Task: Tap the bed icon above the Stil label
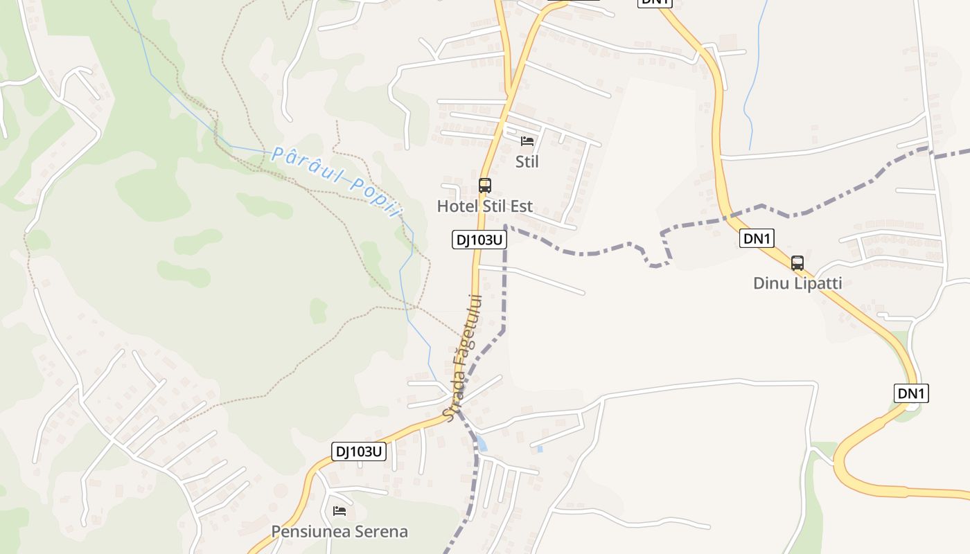click(x=527, y=141)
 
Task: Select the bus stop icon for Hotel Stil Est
click(x=485, y=186)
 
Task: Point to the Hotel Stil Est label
click(x=485, y=206)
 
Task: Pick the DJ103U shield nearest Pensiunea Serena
click(x=359, y=452)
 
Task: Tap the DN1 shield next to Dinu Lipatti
click(x=757, y=239)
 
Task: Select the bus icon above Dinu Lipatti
click(x=797, y=263)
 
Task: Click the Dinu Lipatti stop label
click(x=797, y=283)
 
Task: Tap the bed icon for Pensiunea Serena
click(x=339, y=511)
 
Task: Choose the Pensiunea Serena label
click(x=339, y=532)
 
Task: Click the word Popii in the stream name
click(x=375, y=196)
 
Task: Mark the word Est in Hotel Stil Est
click(x=521, y=206)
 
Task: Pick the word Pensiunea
click(x=310, y=532)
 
